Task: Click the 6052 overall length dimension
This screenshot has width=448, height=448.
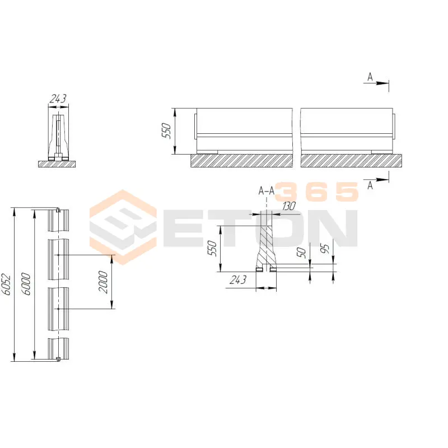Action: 6,284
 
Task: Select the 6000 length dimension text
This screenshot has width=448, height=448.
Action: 26,284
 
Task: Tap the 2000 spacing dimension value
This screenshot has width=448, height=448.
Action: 103,282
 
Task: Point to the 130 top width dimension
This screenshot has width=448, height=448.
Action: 288,206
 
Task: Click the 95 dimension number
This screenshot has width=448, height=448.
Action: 325,249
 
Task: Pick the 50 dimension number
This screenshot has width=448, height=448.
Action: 301,253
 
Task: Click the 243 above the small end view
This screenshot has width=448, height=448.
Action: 58,99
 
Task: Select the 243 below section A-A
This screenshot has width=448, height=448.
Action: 238,279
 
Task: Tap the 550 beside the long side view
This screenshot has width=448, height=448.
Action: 166,130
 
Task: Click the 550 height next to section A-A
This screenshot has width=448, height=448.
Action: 212,248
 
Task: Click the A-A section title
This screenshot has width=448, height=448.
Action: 267,190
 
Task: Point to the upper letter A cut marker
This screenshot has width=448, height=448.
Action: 370,77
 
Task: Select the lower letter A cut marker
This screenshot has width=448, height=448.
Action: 370,186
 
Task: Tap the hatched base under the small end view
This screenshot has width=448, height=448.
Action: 57,164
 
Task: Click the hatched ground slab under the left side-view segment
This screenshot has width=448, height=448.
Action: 242,161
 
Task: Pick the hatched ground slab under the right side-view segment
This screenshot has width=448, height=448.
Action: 351,161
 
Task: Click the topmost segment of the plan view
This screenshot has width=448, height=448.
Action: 58,220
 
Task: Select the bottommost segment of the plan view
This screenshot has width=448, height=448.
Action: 58,349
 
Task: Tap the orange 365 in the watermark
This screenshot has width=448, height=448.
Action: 316,192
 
